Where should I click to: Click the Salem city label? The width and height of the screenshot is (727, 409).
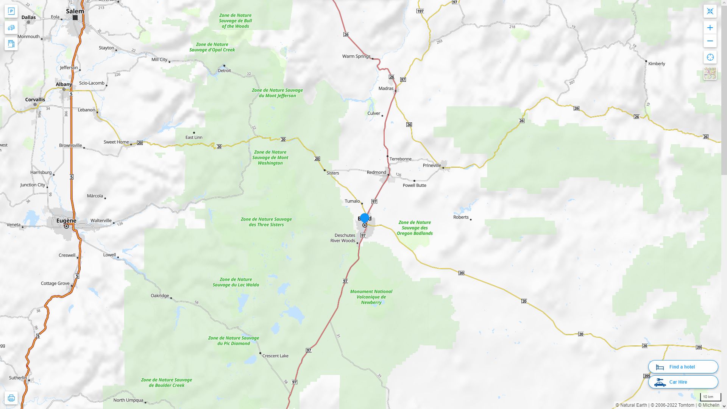coord(75,11)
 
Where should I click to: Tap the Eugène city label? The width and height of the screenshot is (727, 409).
coord(66,220)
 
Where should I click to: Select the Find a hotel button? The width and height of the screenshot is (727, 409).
coord(683,367)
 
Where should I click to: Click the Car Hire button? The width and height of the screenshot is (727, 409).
coord(683,382)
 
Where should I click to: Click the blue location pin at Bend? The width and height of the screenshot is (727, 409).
coord(365,219)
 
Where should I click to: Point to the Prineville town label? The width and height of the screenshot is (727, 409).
coord(432,165)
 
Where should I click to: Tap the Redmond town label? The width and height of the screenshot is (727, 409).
coord(376,172)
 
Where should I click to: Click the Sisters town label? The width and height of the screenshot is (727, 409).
coord(333,173)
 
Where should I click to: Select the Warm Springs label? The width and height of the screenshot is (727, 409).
coord(356,56)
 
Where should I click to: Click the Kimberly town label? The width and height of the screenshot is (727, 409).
coord(656,64)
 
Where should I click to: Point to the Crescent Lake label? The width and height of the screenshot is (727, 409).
coord(275,356)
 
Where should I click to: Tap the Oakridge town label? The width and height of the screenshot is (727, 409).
coord(160,296)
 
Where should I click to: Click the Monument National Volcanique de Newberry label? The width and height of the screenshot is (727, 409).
coord(371,297)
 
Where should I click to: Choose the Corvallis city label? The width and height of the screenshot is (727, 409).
coord(35,100)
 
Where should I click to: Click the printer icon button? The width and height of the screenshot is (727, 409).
coord(11,398)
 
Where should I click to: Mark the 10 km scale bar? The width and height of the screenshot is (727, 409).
coord(710,397)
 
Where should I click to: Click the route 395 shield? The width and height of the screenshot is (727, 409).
coord(647,376)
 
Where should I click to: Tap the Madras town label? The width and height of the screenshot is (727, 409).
coord(386,89)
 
